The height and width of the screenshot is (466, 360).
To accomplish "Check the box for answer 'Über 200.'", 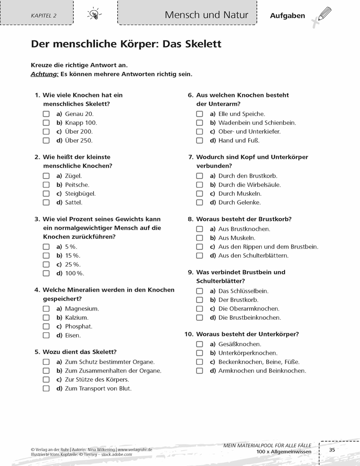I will pyautogui.click(x=46, y=131).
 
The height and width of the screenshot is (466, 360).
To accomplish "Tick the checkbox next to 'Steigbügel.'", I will pyautogui.click(x=46, y=193).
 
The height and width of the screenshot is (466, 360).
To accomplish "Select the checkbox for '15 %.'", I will pyautogui.click(x=46, y=255).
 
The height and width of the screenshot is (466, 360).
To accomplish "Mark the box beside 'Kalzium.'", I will pyautogui.click(x=46, y=317).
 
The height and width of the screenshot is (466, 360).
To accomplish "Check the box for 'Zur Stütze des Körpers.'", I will pyautogui.click(x=46, y=379).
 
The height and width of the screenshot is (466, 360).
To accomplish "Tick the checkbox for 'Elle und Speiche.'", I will pyautogui.click(x=199, y=114).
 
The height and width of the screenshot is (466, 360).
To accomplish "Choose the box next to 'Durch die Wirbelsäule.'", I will pyautogui.click(x=199, y=185).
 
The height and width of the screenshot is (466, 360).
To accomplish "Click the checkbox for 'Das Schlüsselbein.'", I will pyautogui.click(x=199, y=291).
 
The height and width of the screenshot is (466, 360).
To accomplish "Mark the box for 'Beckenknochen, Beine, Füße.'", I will pyautogui.click(x=199, y=362).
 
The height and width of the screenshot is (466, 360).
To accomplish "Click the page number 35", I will pyautogui.click(x=332, y=450).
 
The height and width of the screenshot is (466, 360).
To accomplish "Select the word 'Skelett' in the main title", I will pyautogui.click(x=199, y=44).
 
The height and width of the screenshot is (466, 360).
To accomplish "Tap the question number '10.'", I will pyautogui.click(x=189, y=334).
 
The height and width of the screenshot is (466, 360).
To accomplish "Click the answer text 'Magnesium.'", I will pyautogui.click(x=82, y=308).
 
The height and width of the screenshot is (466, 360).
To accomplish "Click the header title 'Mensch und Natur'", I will pyautogui.click(x=206, y=15).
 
